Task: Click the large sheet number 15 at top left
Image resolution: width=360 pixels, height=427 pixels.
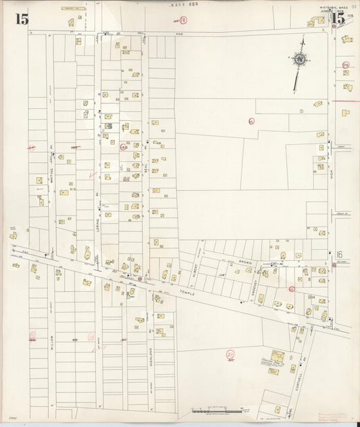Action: pos(23,19)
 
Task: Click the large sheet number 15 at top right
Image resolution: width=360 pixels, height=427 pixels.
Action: pos(338,19)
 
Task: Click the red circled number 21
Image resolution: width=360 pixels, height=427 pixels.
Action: pos(230,354)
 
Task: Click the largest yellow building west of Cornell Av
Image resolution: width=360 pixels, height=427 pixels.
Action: pos(277,355)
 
